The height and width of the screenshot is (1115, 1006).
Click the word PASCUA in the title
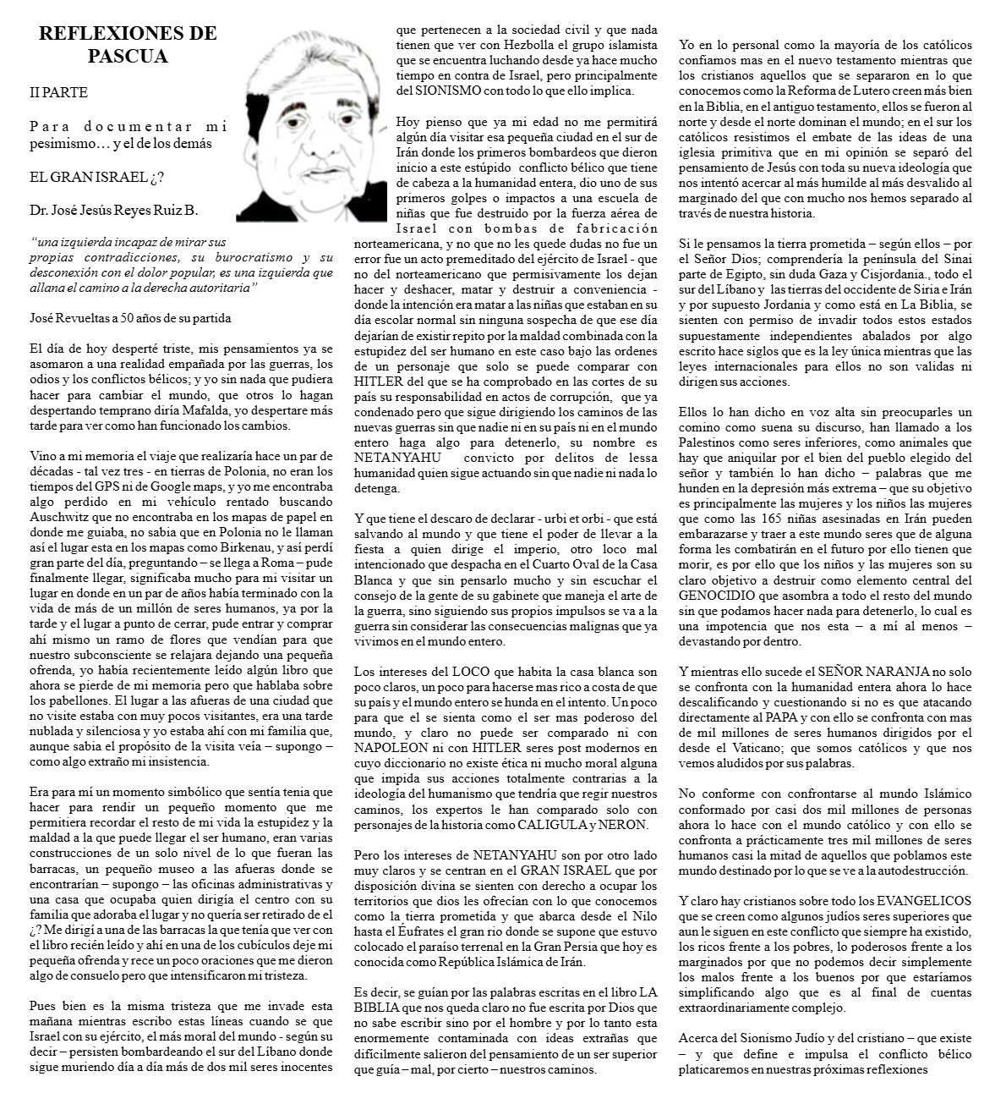128,57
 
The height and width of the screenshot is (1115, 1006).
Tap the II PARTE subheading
57,92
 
